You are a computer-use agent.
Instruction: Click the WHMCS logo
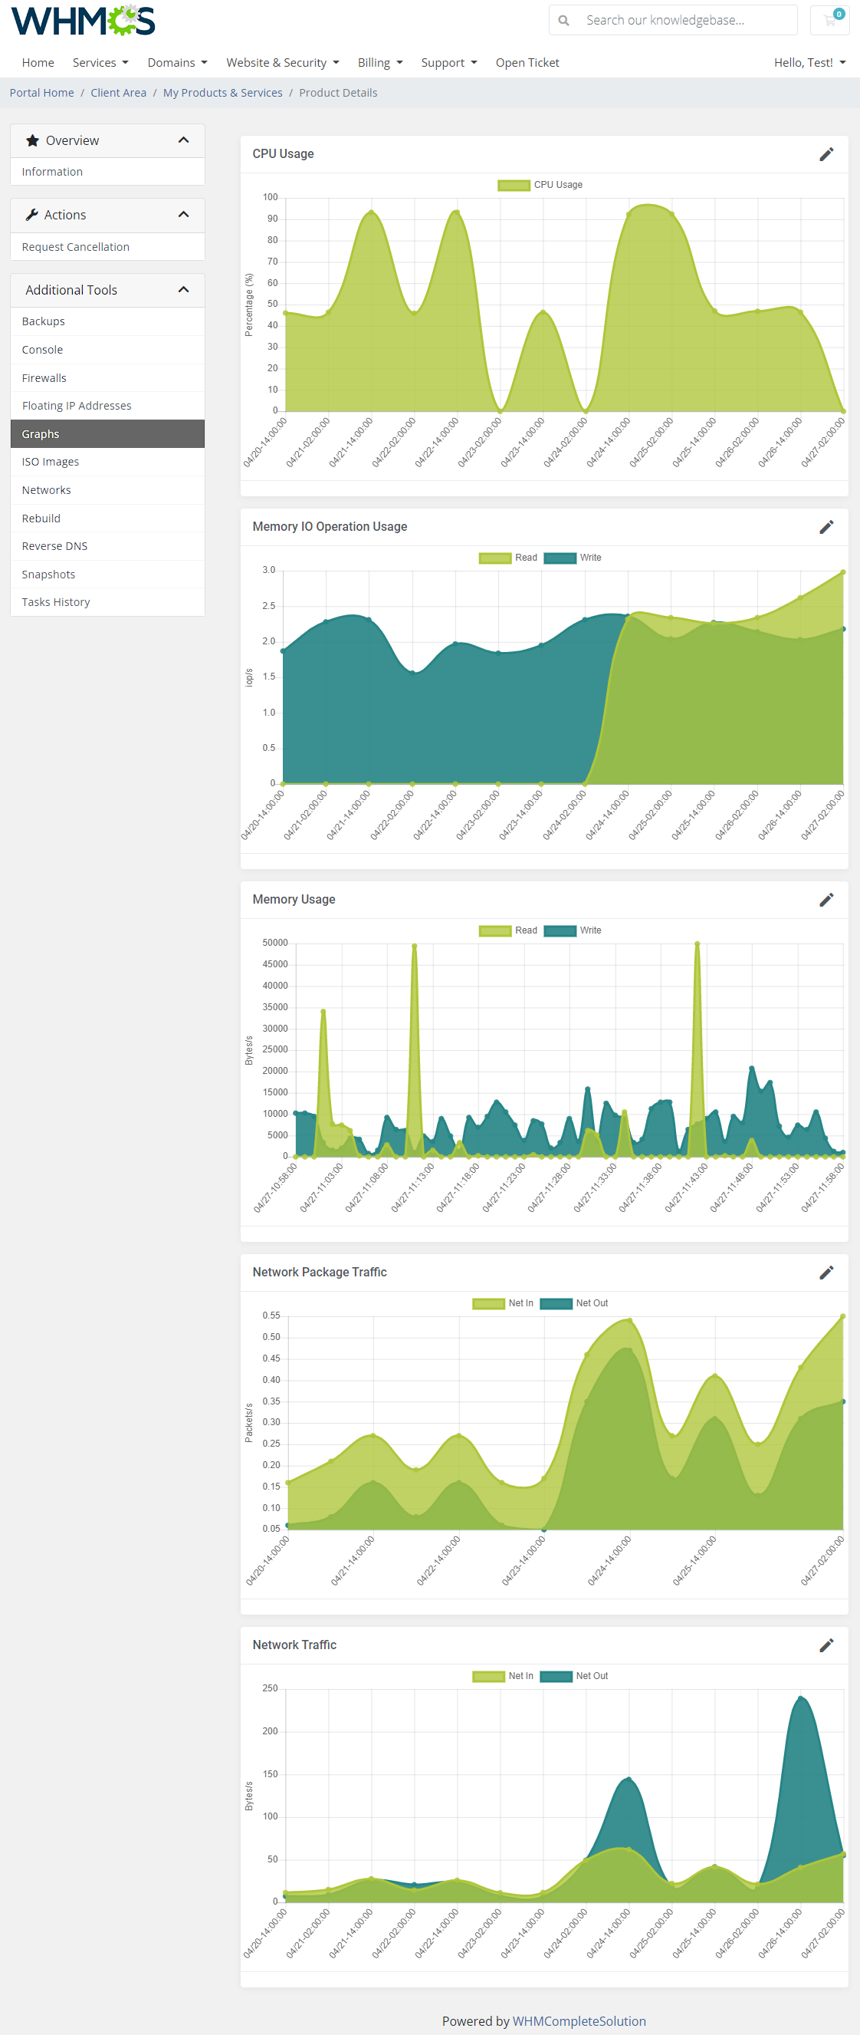pos(83,21)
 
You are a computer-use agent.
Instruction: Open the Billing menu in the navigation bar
pos(380,63)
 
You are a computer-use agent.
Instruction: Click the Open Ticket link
pos(527,63)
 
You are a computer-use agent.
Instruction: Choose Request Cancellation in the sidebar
pos(76,247)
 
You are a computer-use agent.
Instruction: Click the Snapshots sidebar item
pos(49,575)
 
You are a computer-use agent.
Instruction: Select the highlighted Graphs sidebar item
pos(41,433)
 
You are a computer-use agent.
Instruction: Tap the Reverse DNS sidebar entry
pos(54,546)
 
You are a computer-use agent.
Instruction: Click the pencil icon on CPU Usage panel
pos(826,154)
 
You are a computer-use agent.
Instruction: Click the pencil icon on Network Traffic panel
pos(826,1645)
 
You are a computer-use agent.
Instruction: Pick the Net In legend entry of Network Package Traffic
pos(503,1303)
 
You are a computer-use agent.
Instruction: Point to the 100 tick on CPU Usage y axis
pos(271,197)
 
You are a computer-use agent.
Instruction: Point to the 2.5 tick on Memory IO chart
pos(269,606)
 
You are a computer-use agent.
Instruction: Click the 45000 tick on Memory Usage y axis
pos(275,964)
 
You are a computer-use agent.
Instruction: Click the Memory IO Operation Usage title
pos(330,527)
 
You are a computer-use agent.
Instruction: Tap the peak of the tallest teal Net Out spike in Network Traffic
pos(801,1696)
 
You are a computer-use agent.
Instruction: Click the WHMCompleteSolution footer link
pos(579,2020)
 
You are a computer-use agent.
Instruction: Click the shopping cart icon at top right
pos(829,21)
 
